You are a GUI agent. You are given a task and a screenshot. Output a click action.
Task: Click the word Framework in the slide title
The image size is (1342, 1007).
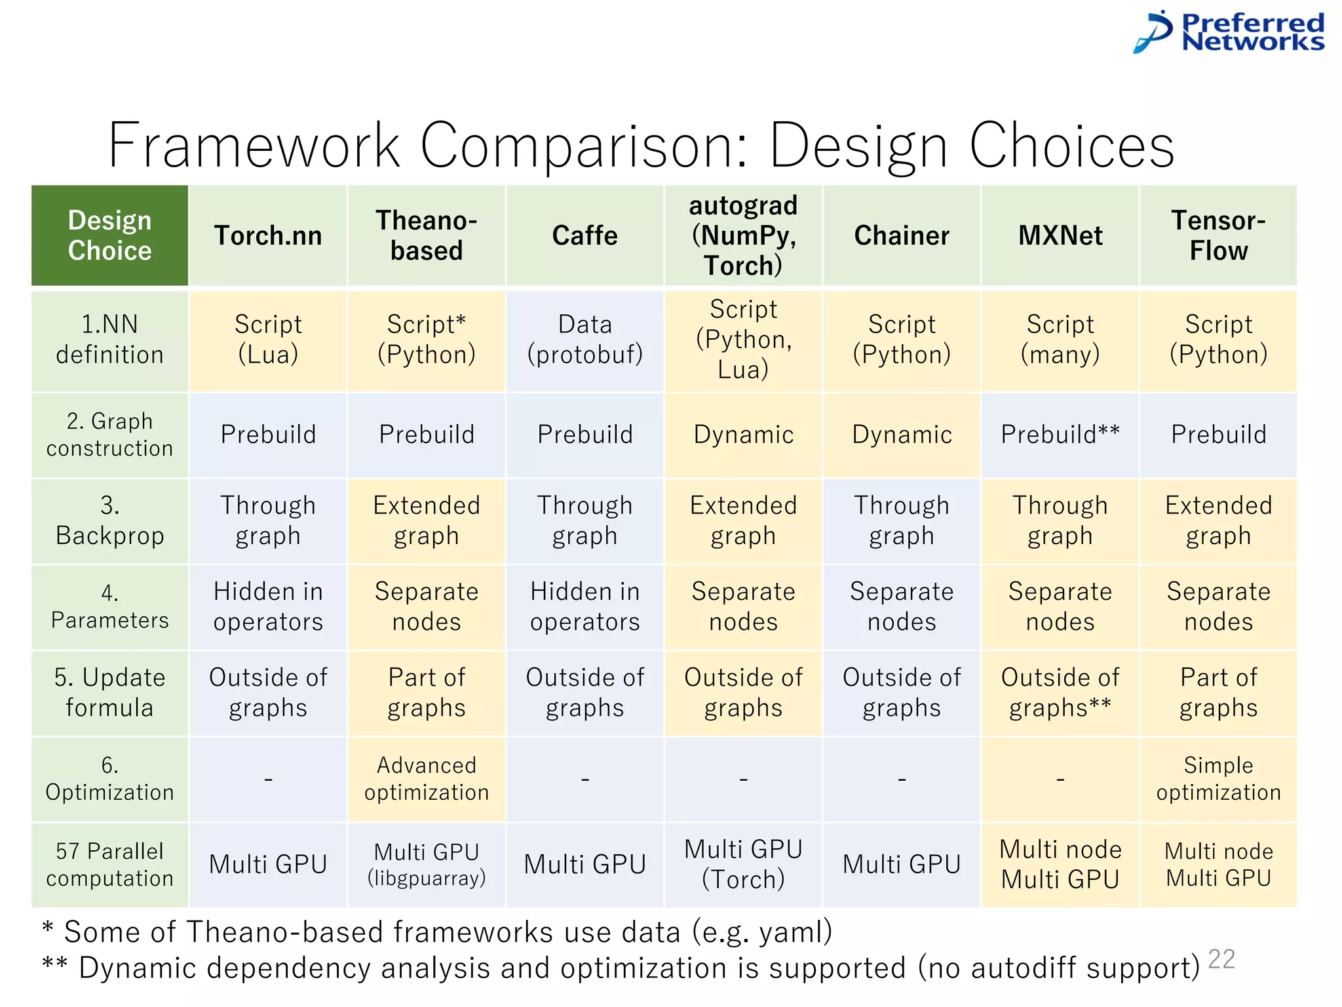(254, 146)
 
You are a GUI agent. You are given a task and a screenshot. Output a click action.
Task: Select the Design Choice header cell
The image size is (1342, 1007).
(109, 235)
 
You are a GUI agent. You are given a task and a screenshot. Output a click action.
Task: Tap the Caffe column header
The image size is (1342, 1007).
(585, 235)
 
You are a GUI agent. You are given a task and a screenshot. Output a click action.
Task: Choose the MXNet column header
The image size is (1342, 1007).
(1060, 235)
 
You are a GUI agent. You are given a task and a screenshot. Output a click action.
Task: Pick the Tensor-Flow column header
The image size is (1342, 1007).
(1218, 235)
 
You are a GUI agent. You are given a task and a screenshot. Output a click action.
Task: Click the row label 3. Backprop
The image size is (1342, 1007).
(109, 521)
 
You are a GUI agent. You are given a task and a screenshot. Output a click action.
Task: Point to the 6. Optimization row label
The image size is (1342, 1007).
(109, 778)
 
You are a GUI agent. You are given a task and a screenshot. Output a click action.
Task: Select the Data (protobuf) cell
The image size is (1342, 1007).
(585, 340)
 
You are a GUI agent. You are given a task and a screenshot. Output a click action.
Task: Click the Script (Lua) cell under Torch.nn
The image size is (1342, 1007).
(268, 340)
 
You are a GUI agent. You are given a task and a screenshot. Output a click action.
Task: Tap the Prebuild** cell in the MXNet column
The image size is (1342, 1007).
(1060, 435)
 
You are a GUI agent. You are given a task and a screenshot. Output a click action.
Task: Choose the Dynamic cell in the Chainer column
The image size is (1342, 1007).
(902, 435)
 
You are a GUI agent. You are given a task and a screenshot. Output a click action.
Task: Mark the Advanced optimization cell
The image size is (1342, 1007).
(427, 778)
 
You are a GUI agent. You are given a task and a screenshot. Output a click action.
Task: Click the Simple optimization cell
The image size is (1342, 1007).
(1218, 778)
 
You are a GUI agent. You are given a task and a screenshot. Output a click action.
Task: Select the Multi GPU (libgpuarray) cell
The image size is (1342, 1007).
(427, 864)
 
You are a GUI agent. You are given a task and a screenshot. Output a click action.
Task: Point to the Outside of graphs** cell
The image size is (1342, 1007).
(1060, 692)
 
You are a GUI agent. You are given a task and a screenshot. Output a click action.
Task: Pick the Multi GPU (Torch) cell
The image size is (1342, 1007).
(743, 864)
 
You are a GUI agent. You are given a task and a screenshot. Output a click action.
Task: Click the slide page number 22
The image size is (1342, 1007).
(1221, 959)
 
